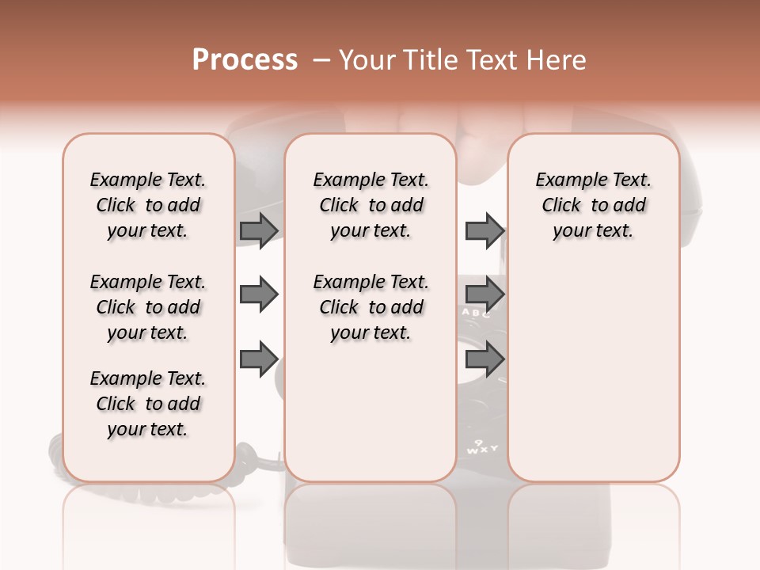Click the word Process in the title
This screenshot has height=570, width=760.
click(245, 60)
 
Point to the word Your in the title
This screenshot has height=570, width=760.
click(367, 60)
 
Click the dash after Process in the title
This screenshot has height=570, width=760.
click(321, 61)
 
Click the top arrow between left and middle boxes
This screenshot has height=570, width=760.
click(259, 230)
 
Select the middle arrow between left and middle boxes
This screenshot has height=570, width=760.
click(259, 295)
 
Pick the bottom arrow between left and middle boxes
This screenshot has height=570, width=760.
click(259, 360)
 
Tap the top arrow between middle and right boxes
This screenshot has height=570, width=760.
click(484, 230)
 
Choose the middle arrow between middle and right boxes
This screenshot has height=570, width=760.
click(484, 295)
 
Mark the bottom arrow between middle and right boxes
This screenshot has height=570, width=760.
click(484, 360)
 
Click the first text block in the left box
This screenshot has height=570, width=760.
click(148, 205)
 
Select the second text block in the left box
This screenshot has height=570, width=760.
click(148, 307)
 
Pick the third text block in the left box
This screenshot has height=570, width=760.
click(148, 404)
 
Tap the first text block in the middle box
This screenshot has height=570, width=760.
click(370, 205)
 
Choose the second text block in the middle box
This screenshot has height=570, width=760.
click(370, 307)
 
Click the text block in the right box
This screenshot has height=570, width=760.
click(593, 205)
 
